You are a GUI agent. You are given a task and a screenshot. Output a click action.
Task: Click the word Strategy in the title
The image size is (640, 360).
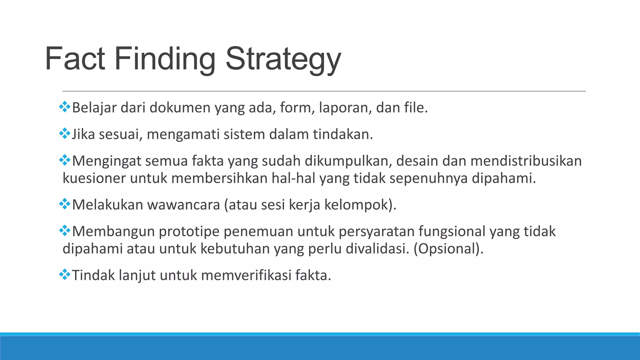[283, 59]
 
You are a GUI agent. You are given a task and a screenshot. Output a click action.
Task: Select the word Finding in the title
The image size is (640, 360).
[165, 59]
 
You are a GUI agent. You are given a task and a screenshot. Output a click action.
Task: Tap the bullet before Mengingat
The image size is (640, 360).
[65, 160]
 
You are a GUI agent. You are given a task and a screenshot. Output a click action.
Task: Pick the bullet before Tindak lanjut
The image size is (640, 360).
[65, 275]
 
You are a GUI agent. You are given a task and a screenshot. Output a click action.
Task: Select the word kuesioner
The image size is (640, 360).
[94, 178]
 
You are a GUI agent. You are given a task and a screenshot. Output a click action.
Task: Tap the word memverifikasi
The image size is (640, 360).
[246, 276]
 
